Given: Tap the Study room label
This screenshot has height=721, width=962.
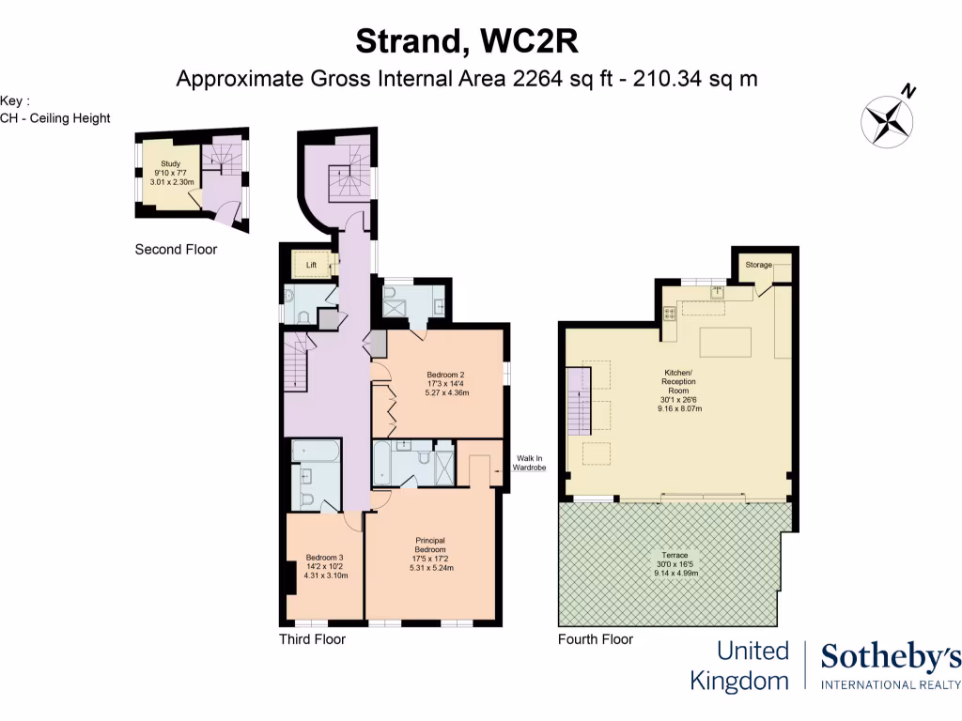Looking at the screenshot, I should (x=170, y=163).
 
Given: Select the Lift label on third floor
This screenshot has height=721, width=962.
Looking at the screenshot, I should (x=312, y=266).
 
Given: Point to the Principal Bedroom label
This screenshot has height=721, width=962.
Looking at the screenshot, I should (x=429, y=545).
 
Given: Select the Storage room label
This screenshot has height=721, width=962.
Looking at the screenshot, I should (x=759, y=266).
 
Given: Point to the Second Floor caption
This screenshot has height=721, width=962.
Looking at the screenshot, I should (x=176, y=250).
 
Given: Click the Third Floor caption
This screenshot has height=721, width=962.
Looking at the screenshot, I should (x=312, y=639).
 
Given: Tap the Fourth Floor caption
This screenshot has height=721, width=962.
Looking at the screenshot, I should (x=596, y=639).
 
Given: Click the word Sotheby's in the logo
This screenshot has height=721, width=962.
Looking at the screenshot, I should (x=891, y=658).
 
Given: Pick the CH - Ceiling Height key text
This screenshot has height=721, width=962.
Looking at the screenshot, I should (x=55, y=118).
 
